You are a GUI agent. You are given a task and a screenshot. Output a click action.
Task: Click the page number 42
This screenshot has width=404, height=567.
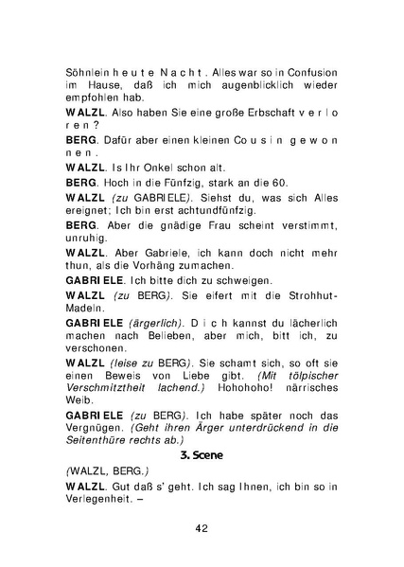point(201,528)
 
